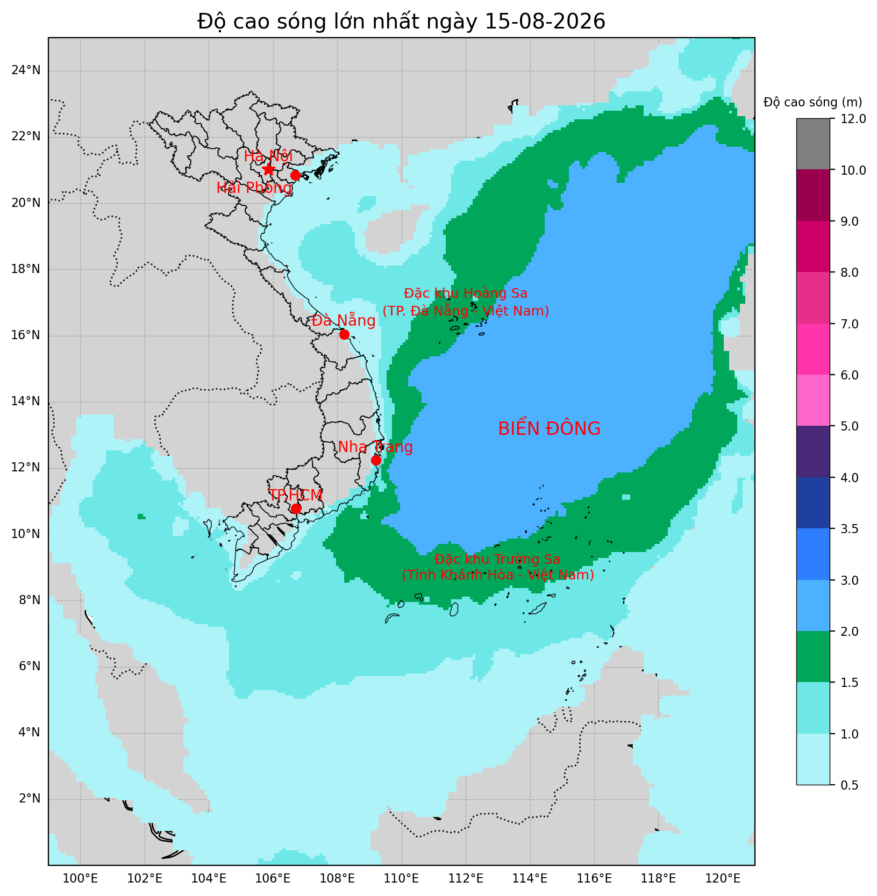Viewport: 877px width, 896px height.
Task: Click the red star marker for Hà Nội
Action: [x=268, y=169]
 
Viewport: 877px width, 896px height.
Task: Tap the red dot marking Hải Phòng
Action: [x=295, y=176]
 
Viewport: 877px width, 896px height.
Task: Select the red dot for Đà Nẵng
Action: [x=344, y=334]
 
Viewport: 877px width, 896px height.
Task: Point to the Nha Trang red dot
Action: [x=376, y=460]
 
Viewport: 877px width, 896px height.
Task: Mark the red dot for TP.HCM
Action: [x=296, y=508]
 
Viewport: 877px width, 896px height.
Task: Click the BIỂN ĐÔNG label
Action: [x=549, y=429]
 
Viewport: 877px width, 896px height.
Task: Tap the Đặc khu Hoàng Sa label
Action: [x=466, y=293]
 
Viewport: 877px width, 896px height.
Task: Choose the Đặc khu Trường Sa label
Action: [x=497, y=560]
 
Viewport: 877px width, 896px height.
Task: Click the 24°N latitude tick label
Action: [x=26, y=70]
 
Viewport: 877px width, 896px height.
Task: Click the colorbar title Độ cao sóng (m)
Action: [x=813, y=102]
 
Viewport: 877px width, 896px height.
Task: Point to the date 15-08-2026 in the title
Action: [x=545, y=21]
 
